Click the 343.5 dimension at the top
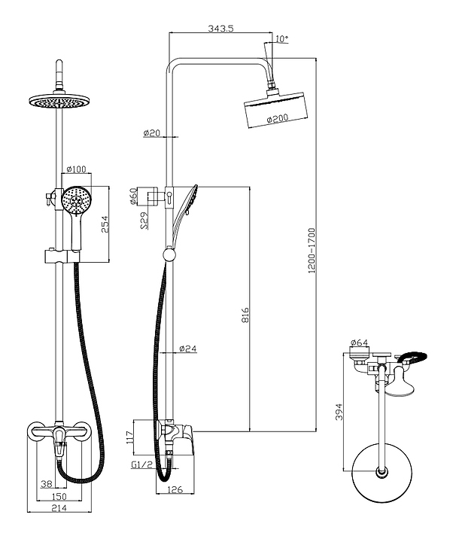[x=220, y=28]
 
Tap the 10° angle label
[x=281, y=38]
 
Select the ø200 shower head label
[x=278, y=119]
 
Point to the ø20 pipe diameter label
[x=152, y=132]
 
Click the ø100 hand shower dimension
[x=76, y=169]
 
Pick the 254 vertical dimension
[x=105, y=224]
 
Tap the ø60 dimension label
[x=134, y=196]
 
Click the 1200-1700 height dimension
[x=312, y=251]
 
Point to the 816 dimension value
[x=245, y=315]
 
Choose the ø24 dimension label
[x=188, y=349]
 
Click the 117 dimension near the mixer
[x=129, y=437]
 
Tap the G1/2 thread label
[x=141, y=464]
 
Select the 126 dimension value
[x=175, y=489]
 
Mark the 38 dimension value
[x=47, y=484]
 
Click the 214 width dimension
[x=59, y=507]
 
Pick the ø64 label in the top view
[x=360, y=343]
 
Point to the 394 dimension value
[x=339, y=411]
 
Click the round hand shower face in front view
[x=76, y=201]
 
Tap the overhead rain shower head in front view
[x=59, y=101]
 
